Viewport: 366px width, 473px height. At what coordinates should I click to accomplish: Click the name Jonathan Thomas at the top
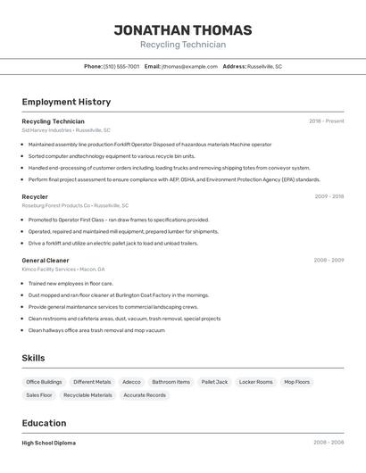pos(183,29)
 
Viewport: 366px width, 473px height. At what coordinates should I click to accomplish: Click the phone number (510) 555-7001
pos(121,66)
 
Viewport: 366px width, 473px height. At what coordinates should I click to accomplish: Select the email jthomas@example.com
pos(189,66)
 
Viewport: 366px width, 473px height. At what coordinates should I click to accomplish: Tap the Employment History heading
pos(66,102)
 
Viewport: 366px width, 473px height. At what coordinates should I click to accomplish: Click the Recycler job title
pos(35,196)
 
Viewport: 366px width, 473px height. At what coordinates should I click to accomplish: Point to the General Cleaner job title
pos(46,261)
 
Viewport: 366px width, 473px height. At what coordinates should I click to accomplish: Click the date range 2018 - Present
pos(327,121)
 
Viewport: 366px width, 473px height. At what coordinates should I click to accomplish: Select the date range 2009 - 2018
pos(329,196)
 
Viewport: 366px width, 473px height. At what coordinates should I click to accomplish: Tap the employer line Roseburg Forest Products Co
pos(75,205)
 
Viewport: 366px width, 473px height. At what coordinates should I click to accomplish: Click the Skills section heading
pos(34,358)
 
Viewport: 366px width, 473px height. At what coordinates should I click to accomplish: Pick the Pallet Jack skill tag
pos(214,382)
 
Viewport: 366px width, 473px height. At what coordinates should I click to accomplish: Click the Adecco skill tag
pos(131,382)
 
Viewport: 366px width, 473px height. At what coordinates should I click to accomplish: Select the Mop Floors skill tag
pos(297,382)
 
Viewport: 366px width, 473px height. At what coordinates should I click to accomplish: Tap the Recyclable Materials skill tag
pos(87,394)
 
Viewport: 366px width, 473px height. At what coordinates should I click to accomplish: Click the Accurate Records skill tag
pos(145,394)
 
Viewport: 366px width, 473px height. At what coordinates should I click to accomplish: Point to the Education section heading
pos(44,423)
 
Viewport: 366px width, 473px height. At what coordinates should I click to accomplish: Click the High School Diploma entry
pos(48,443)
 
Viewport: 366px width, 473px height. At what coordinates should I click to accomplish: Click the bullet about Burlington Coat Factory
pos(119,295)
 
